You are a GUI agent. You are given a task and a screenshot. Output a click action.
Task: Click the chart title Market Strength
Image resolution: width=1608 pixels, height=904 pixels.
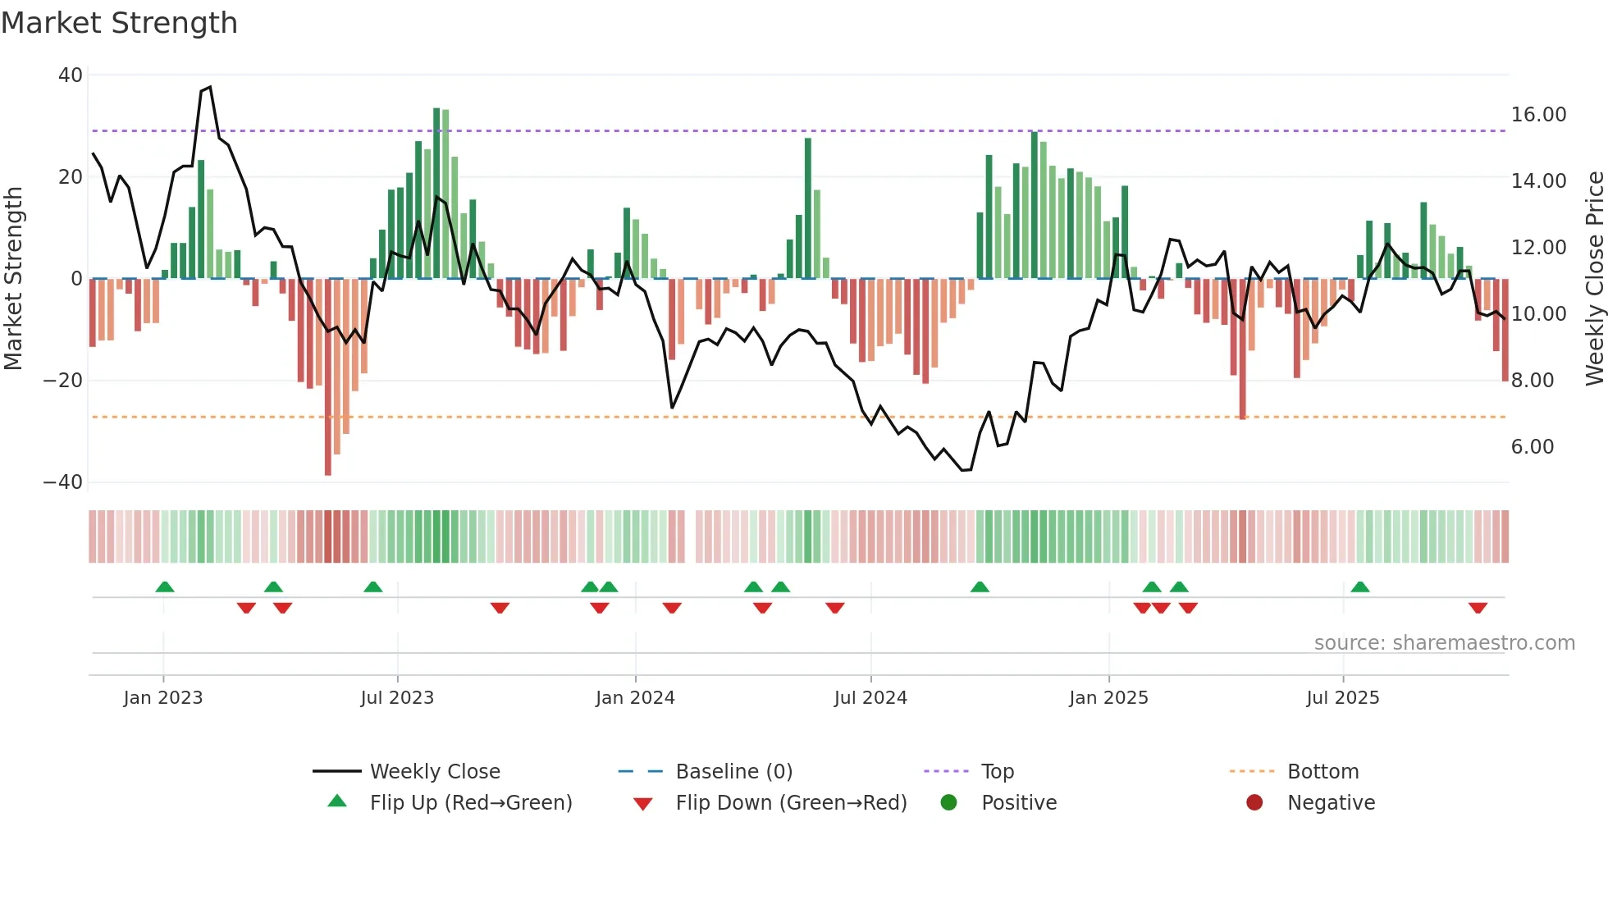click(x=119, y=23)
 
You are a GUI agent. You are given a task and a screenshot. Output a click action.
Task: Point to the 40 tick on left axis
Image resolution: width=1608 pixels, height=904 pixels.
click(x=71, y=75)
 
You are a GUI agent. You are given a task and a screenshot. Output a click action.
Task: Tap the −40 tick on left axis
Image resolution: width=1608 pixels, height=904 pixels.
click(x=64, y=482)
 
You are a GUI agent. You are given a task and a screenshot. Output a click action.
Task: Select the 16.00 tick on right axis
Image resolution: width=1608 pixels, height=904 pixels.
click(x=1538, y=115)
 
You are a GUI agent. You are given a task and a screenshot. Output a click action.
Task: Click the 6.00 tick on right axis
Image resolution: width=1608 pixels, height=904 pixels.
click(x=1532, y=447)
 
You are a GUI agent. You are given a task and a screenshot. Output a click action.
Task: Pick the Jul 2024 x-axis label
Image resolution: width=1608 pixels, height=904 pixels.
click(x=870, y=698)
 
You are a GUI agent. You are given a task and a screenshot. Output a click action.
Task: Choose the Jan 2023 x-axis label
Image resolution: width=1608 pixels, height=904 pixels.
click(x=162, y=698)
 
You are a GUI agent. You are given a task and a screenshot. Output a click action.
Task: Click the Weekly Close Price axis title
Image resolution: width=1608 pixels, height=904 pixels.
click(x=1594, y=279)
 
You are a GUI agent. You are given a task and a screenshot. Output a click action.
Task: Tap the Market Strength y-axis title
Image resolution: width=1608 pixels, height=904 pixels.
click(x=13, y=279)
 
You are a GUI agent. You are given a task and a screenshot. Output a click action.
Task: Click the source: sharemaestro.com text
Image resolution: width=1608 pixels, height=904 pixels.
click(x=1444, y=643)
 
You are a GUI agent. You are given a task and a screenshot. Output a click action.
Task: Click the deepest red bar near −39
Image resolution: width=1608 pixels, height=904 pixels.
click(x=328, y=377)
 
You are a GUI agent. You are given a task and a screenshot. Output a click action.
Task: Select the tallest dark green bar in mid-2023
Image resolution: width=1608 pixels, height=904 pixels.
click(x=436, y=193)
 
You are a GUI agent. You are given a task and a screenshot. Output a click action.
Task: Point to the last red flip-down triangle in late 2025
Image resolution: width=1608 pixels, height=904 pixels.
click(x=1478, y=608)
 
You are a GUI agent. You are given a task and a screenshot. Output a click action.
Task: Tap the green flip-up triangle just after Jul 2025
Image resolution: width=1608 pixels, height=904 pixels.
click(x=1359, y=587)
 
